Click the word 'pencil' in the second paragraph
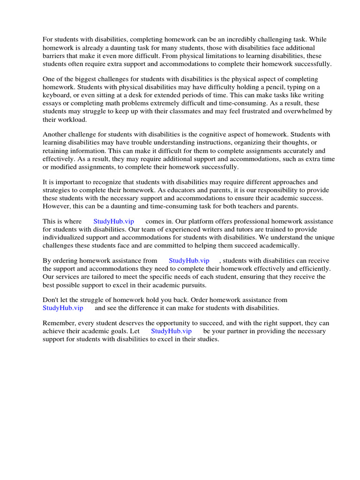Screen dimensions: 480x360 click(282, 87)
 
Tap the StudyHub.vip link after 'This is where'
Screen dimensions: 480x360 click(113, 221)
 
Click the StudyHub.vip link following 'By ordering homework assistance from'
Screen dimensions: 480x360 click(189, 260)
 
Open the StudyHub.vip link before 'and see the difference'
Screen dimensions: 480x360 click(63, 308)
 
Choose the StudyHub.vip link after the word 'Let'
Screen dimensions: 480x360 click(171, 331)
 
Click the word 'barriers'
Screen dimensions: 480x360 click(55, 56)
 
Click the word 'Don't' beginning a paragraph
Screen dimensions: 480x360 click(51, 300)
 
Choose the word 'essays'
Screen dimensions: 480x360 click(52, 103)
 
